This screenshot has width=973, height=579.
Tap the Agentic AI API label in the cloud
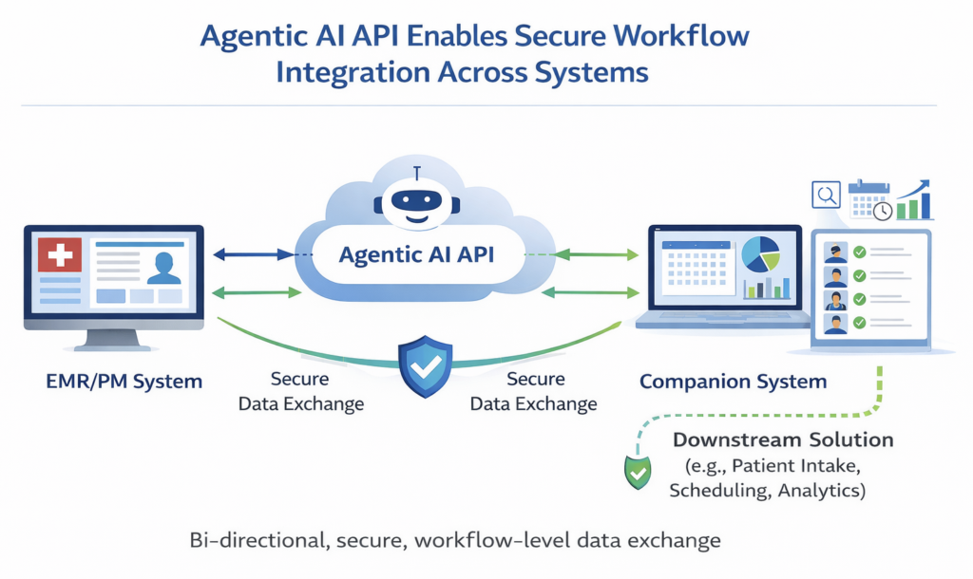[x=419, y=254]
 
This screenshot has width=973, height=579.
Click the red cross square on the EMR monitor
[x=59, y=255]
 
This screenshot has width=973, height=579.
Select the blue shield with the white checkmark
[x=425, y=365]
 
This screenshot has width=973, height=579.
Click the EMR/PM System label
[x=124, y=383]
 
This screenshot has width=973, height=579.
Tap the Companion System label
[x=733, y=383]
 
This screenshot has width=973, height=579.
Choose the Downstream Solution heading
[x=783, y=440]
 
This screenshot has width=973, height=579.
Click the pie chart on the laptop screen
[x=760, y=253]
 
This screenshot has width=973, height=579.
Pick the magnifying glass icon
[x=825, y=196]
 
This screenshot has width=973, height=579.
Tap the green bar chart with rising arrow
[x=915, y=200]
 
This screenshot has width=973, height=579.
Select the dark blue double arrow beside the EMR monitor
[x=253, y=254]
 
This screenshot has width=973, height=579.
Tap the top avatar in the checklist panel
[x=834, y=252]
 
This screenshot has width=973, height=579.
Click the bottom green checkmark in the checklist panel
[x=859, y=323]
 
